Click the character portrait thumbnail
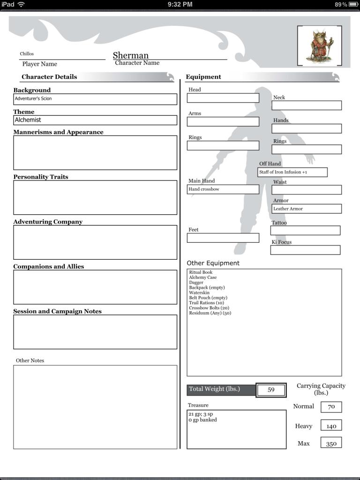(320, 45)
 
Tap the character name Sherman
(131, 55)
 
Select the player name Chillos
(27, 54)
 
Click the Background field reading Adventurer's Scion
(95, 99)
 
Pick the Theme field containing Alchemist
(95, 120)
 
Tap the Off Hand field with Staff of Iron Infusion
(292, 172)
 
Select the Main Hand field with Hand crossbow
(223, 189)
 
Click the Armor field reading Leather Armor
(307, 209)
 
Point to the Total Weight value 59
(271, 390)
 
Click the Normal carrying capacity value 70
(331, 407)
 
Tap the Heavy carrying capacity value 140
(331, 426)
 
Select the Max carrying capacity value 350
(331, 443)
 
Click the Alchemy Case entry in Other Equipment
(203, 277)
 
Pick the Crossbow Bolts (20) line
(209, 308)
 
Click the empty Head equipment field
(223, 98)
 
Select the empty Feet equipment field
(223, 238)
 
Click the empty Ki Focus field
(305, 250)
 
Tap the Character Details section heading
(49, 77)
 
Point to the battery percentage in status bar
(341, 4)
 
